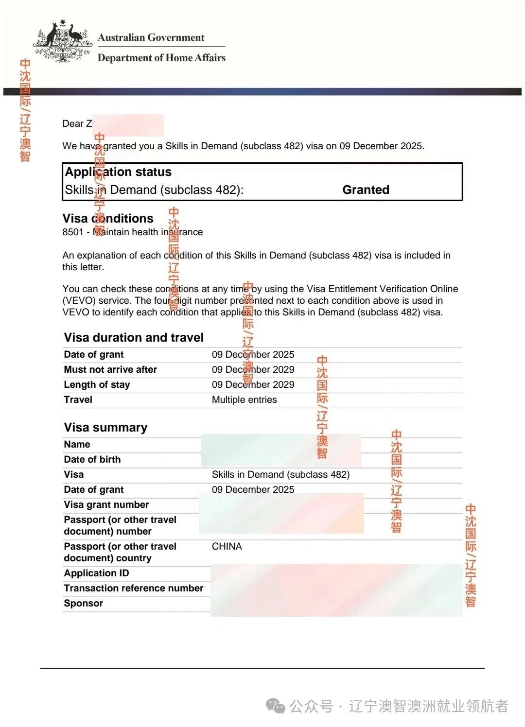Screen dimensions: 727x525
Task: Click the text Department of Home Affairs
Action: (x=161, y=58)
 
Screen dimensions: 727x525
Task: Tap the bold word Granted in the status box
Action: (x=366, y=190)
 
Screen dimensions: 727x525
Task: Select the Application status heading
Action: (x=118, y=172)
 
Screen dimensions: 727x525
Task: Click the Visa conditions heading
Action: (x=108, y=218)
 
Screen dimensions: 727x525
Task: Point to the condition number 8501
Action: (x=73, y=232)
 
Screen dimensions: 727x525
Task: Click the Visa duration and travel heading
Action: (x=134, y=337)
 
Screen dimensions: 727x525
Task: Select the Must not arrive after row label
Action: (x=110, y=369)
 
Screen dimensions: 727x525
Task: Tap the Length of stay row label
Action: (x=97, y=384)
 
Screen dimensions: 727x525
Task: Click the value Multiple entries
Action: (x=244, y=399)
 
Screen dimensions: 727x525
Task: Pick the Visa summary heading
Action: (x=105, y=427)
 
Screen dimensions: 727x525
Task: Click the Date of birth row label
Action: (x=92, y=459)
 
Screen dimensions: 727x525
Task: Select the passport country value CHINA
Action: (x=227, y=546)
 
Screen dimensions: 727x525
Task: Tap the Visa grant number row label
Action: (x=106, y=504)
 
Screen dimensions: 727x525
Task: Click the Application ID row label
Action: (x=96, y=573)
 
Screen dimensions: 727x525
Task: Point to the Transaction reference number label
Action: (x=133, y=588)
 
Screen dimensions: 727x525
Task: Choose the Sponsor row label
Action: (x=83, y=603)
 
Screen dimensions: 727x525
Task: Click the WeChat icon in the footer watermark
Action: (x=276, y=706)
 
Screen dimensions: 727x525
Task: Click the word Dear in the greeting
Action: (x=73, y=123)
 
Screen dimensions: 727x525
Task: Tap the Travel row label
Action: (x=78, y=399)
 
